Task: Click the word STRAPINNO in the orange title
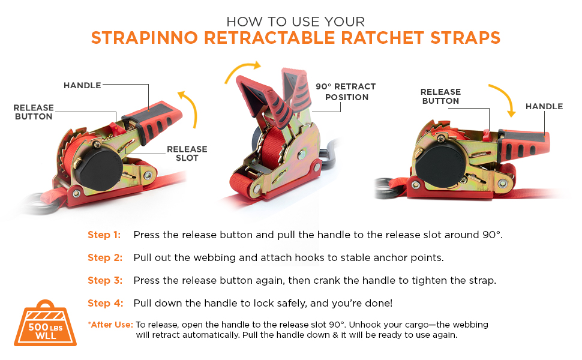point(145,38)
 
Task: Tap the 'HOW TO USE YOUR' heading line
point(295,22)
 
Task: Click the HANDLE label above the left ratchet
point(82,85)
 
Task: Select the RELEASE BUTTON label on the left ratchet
point(34,112)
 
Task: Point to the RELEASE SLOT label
point(187,153)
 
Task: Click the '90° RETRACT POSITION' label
point(346,92)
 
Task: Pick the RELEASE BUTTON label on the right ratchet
point(440,96)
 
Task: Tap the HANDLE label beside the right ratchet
point(544,107)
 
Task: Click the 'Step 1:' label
point(104,235)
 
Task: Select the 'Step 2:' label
point(105,257)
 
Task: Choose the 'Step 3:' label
point(105,281)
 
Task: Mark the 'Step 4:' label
point(106,303)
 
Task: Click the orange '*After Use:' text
point(110,325)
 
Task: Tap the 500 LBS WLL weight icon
point(45,323)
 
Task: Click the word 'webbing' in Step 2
point(215,258)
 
